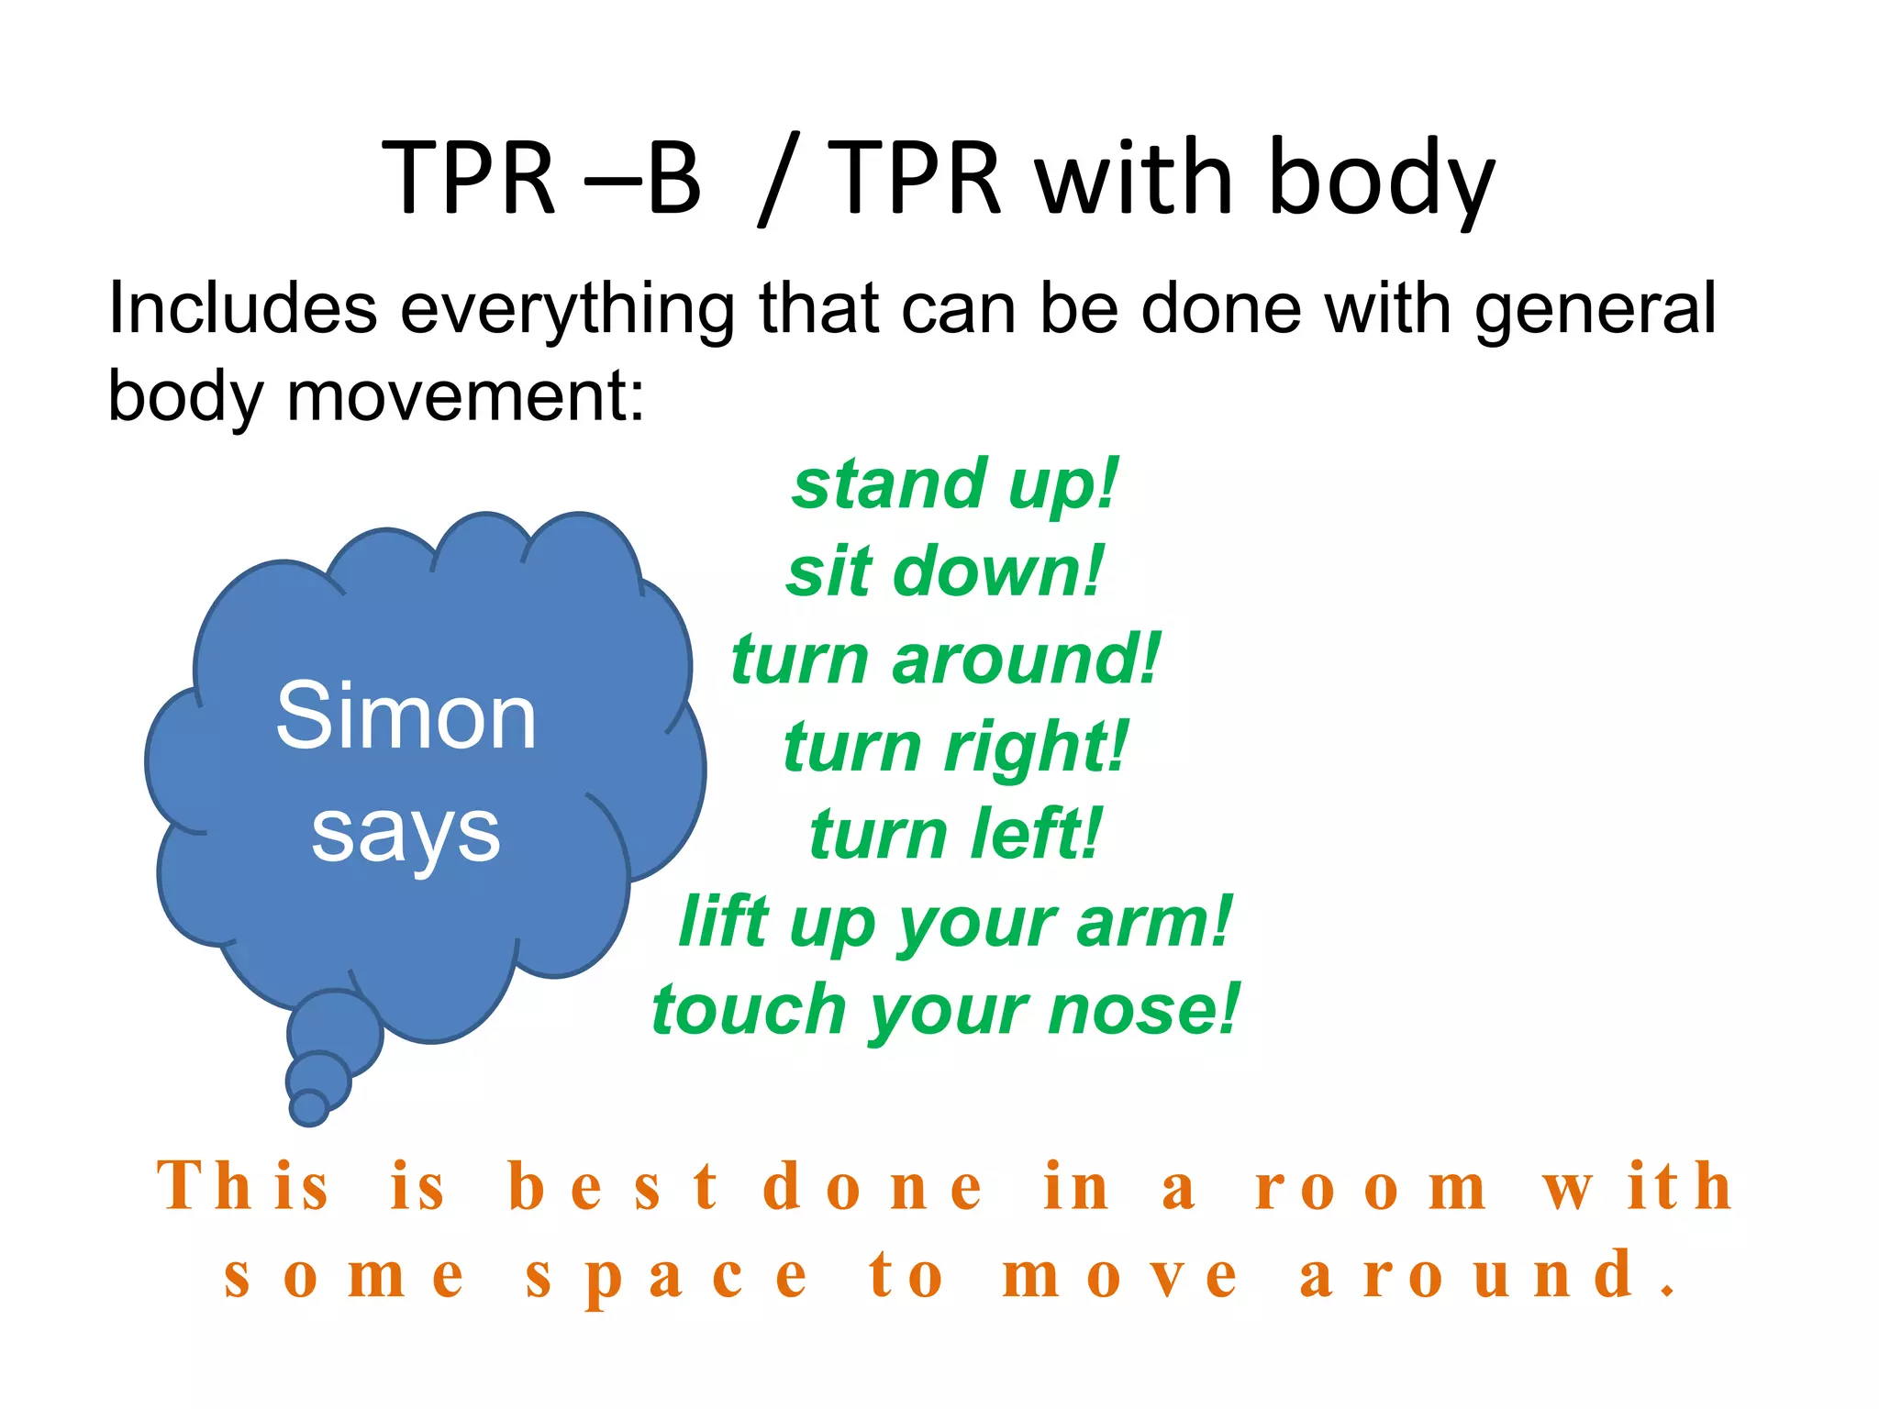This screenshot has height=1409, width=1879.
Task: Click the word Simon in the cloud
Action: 406,716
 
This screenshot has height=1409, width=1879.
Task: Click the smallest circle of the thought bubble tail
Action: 309,1107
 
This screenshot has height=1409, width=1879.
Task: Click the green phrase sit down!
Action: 946,571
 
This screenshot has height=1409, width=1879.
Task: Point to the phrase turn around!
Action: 946,659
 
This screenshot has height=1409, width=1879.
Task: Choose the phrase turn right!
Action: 955,746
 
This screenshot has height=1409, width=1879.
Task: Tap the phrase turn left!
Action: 955,833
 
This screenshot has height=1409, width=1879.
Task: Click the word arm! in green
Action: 1155,921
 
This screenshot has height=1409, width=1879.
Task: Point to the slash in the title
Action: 779,178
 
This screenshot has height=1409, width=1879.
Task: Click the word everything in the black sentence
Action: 567,309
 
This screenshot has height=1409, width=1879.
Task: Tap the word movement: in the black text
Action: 466,396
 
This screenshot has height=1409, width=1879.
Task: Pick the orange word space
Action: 667,1275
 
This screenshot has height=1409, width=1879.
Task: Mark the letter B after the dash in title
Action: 674,178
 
